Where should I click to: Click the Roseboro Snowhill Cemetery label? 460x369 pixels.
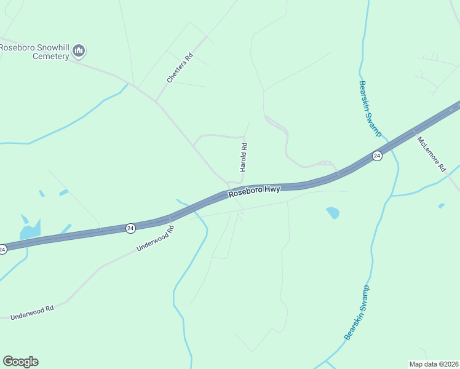(34, 51)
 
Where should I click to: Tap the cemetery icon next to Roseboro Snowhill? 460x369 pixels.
(79, 50)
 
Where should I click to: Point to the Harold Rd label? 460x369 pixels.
(244, 157)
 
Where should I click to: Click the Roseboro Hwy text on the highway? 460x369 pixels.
(254, 191)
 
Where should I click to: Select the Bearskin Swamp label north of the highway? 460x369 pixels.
(370, 108)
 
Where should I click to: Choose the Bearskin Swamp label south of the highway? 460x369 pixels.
(357, 312)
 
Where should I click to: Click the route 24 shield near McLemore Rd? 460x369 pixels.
(377, 156)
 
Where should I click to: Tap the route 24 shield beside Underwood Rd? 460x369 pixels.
(130, 228)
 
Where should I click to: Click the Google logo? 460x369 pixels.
(20, 362)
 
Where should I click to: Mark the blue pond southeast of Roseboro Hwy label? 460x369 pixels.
(332, 213)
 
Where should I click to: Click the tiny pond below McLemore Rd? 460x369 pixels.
(441, 205)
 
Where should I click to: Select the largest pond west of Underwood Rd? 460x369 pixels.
(30, 229)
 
